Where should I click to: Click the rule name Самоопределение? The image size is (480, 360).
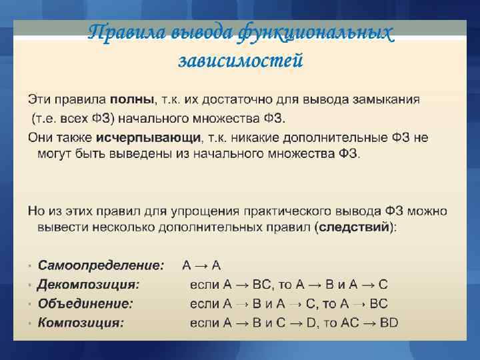(x=101, y=265)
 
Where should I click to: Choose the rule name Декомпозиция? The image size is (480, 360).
(x=89, y=285)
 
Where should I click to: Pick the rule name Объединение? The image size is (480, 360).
(x=85, y=304)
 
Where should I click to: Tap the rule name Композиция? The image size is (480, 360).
(x=81, y=323)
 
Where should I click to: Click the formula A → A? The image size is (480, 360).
(x=202, y=265)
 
